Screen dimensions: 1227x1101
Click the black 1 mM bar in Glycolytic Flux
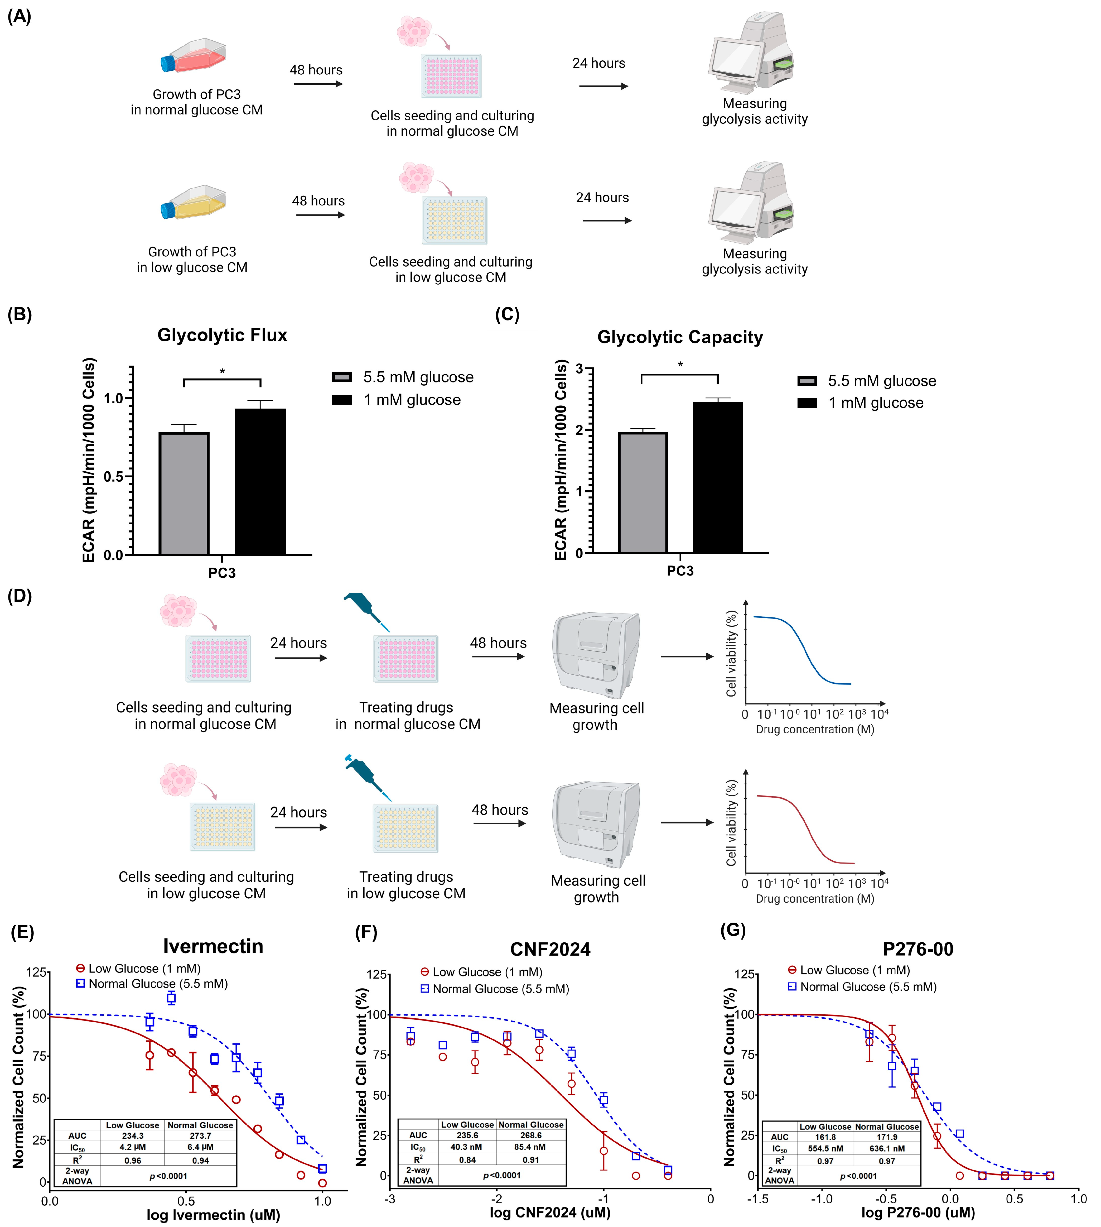point(260,481)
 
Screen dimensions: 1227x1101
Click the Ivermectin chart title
point(213,946)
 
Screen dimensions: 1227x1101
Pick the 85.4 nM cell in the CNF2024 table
point(530,1147)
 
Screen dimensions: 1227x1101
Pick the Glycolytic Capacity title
point(680,337)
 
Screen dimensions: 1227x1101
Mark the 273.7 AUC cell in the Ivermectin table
point(200,1136)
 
